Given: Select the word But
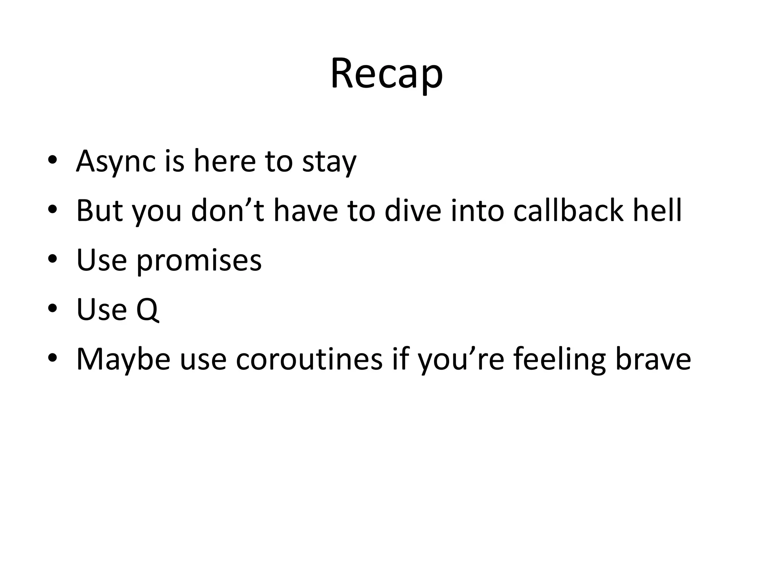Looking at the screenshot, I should pos(99,210).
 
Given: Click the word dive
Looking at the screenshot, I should pos(413,210).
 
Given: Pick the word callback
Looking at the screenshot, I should pos(568,210).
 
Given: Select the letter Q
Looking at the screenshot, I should pos(147,310).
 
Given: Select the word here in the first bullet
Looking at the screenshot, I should pos(225,161).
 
